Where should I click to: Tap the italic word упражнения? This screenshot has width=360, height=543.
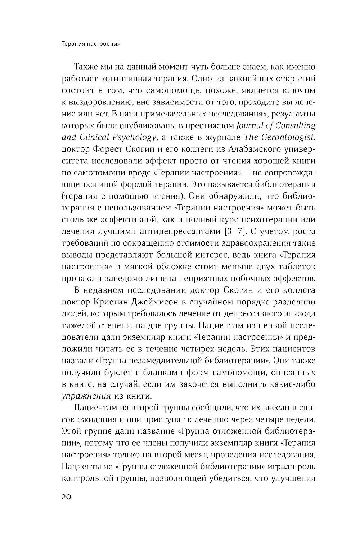click(85, 395)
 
